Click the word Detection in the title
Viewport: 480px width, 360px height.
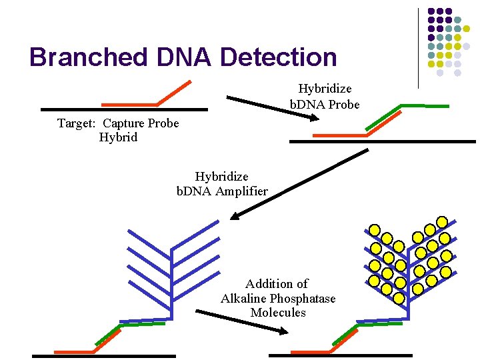pyautogui.click(x=278, y=57)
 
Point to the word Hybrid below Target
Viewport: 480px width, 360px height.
pyautogui.click(x=118, y=137)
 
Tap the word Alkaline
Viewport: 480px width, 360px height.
pyautogui.click(x=244, y=298)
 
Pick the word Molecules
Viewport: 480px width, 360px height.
pyautogui.click(x=278, y=312)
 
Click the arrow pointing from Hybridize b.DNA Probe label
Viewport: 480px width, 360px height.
pyautogui.click(x=273, y=109)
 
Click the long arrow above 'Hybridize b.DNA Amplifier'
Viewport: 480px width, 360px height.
pyautogui.click(x=300, y=184)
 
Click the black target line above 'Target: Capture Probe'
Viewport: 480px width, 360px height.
pyautogui.click(x=124, y=109)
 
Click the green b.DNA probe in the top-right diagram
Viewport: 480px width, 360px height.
pyautogui.click(x=423, y=105)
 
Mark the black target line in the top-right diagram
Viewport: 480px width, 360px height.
pyautogui.click(x=383, y=141)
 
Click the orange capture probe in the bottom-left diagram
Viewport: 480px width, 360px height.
pyautogui.click(x=75, y=351)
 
